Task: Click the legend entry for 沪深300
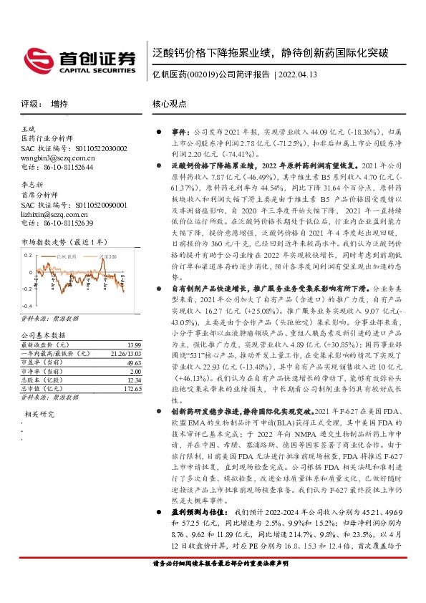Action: (x=106, y=256)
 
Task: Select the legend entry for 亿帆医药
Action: (x=67, y=256)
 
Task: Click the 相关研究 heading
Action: (x=40, y=414)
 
